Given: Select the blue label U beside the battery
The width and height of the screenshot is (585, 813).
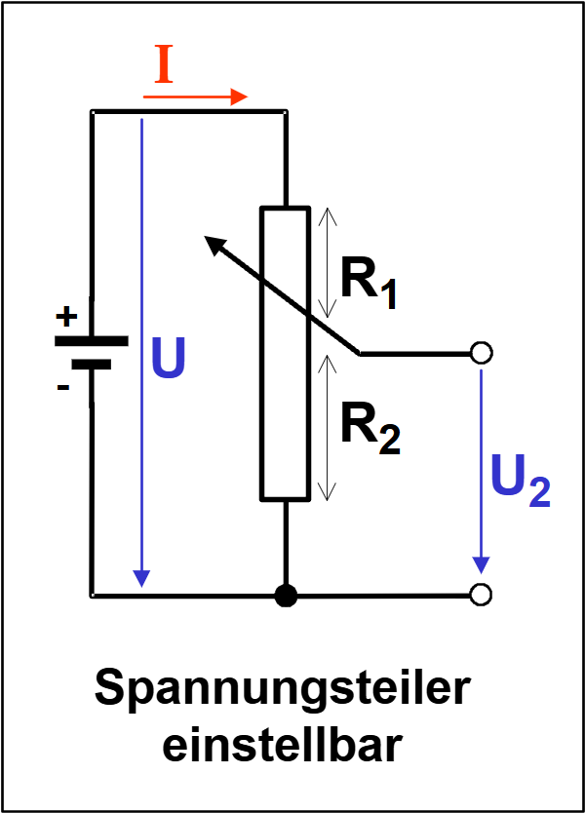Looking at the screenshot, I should point(169,361).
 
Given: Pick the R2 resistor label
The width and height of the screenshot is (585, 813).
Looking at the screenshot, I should point(370,429).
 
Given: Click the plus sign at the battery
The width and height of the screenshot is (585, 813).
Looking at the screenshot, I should point(65,316).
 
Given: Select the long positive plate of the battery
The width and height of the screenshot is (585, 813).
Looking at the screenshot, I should point(91,341).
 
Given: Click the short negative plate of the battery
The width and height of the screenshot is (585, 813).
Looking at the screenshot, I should point(91,365).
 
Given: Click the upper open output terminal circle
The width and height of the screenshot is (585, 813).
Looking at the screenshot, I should point(480,354).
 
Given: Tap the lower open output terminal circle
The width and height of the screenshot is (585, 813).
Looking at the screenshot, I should point(480,594).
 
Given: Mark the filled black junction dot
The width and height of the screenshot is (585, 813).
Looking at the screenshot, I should point(285,595).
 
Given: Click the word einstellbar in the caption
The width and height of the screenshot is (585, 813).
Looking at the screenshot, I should point(283,746).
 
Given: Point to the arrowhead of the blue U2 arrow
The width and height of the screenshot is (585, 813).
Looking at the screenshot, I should point(480,565).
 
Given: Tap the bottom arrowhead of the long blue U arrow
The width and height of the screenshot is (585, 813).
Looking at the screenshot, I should point(142,576).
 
